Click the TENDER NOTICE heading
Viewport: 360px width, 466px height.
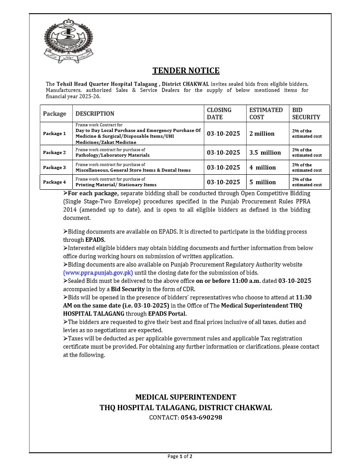tap(186, 71)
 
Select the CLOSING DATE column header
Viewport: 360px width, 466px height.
tap(219, 113)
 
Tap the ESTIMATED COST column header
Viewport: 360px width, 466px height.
tap(266, 113)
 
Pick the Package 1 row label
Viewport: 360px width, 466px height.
tap(54, 134)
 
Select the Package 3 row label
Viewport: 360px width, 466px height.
tap(54, 168)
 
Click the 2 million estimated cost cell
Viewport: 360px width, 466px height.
tap(262, 134)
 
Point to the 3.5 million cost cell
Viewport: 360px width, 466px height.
tap(265, 153)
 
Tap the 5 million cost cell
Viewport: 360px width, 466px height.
tap(262, 182)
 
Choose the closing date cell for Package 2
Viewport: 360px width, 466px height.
tap(224, 153)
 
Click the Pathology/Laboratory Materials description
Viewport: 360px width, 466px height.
tap(112, 155)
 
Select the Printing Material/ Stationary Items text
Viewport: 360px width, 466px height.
tap(116, 185)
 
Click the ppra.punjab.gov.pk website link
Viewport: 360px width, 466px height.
tap(98, 273)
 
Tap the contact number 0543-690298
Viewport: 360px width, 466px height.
tap(201, 417)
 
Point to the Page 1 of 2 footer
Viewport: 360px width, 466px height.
tap(180, 456)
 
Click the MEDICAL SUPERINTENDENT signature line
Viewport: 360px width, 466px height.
tap(186, 397)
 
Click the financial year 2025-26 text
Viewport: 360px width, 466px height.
tap(73, 97)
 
